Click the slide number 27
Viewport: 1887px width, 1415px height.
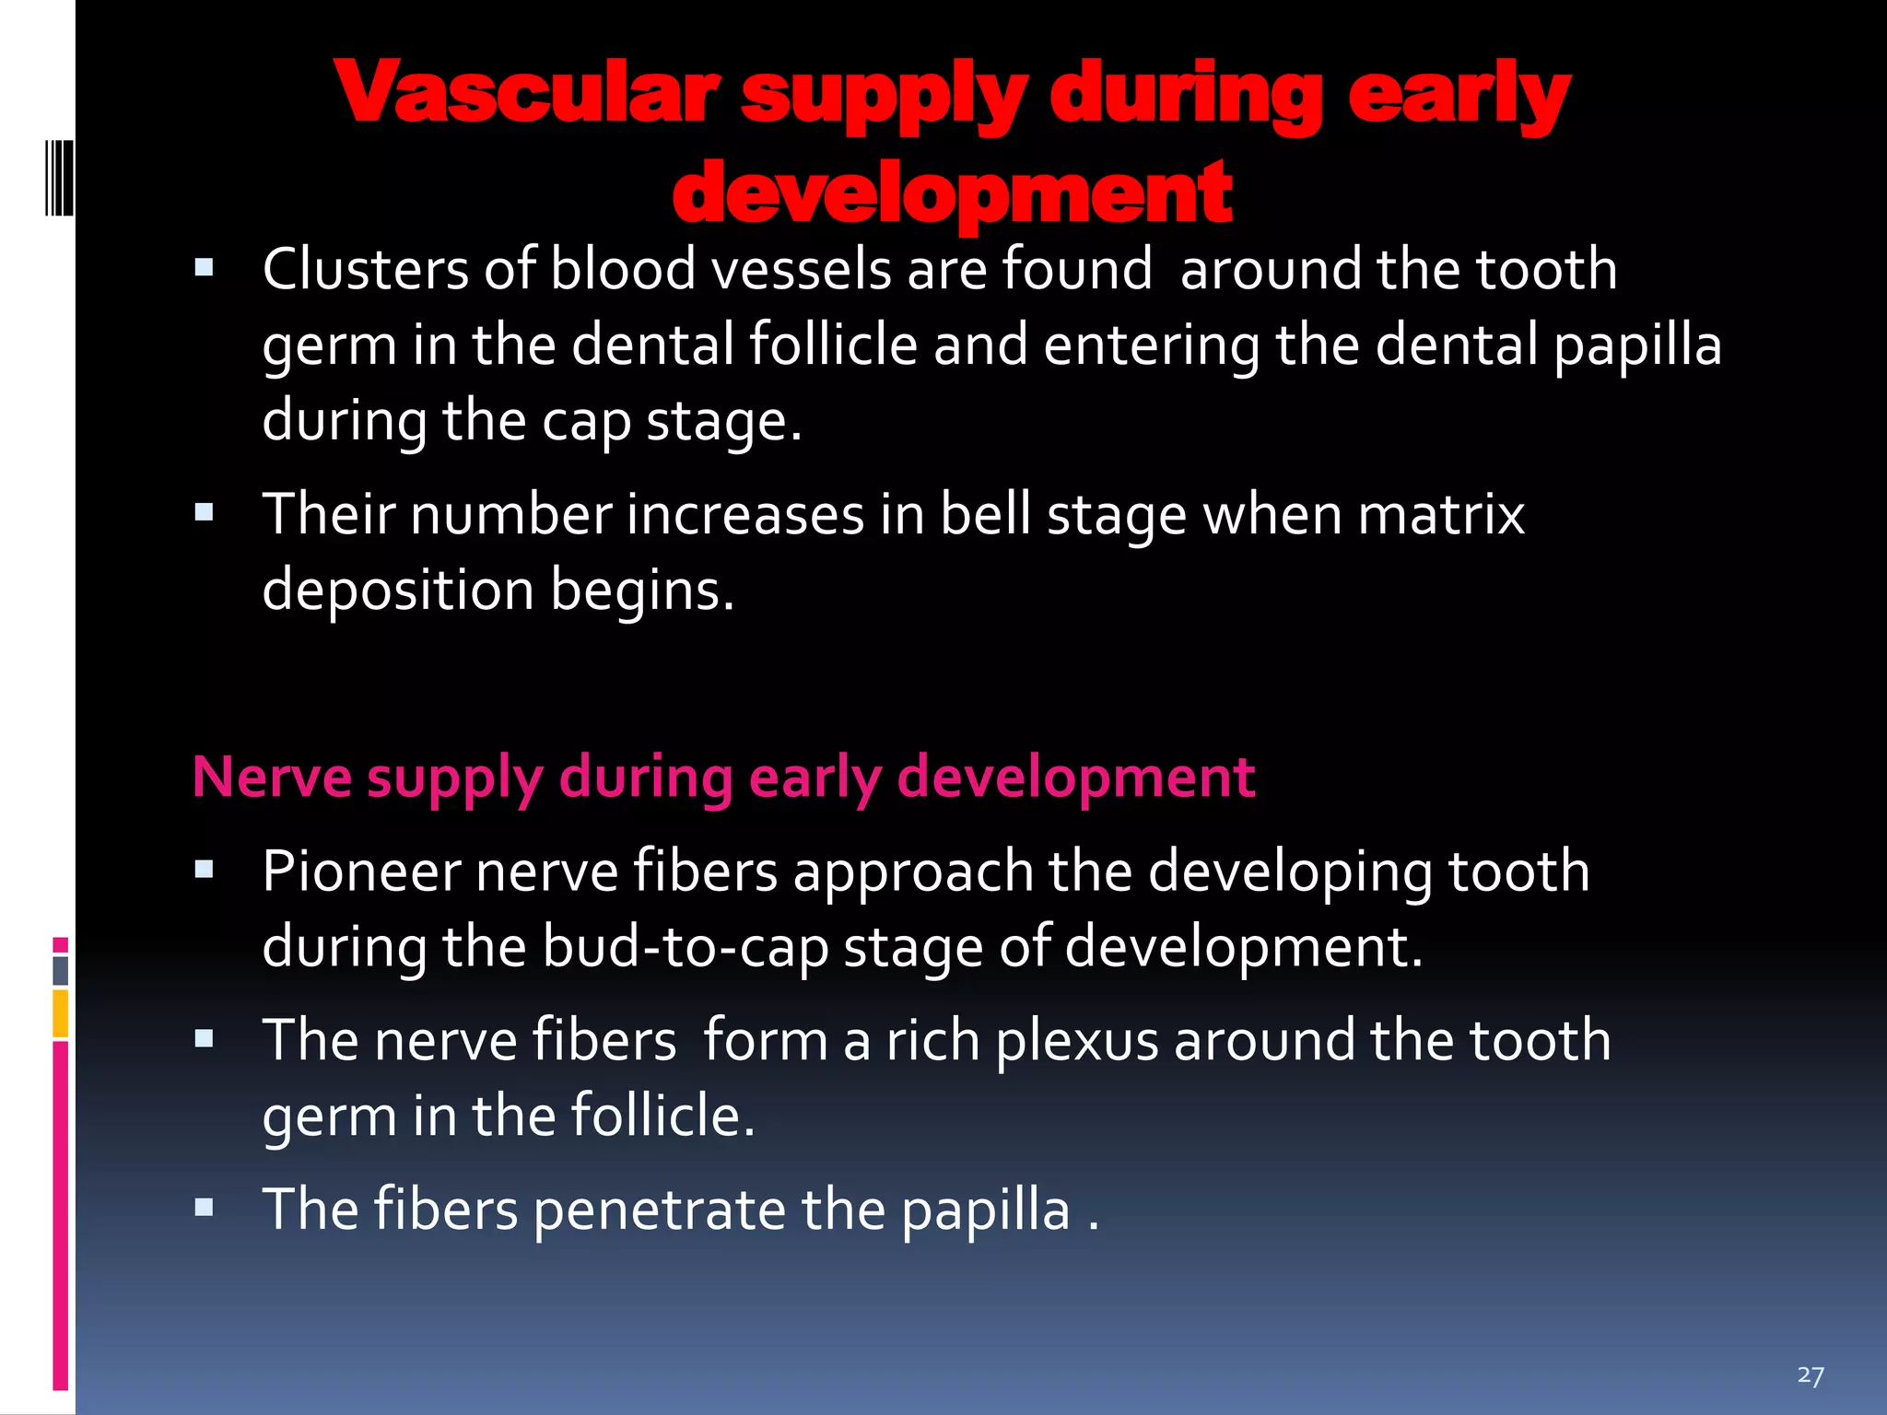(x=1810, y=1375)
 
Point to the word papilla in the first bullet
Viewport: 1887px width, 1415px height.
(x=1637, y=346)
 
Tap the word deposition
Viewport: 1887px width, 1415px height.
(x=398, y=591)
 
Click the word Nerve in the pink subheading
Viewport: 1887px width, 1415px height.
(x=272, y=777)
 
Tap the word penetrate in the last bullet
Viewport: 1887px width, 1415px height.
(x=659, y=1210)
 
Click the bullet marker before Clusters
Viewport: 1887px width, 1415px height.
(x=205, y=268)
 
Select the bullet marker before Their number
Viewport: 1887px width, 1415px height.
(x=205, y=512)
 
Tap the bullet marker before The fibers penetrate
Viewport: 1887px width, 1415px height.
(x=205, y=1208)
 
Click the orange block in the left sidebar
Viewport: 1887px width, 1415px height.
(x=61, y=1013)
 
